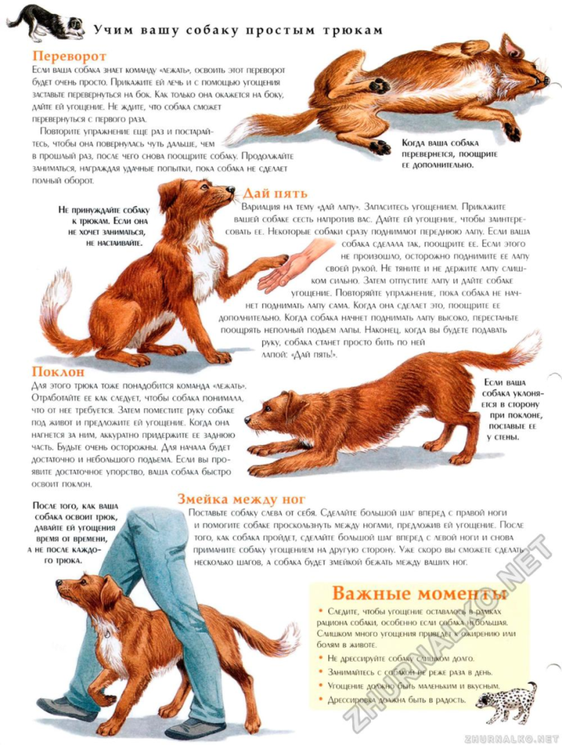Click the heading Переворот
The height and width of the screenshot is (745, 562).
(70, 55)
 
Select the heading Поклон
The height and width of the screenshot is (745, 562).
(58, 372)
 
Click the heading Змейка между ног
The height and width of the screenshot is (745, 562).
(241, 499)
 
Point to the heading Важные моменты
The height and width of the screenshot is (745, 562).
(420, 593)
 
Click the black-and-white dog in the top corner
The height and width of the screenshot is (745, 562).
(46, 22)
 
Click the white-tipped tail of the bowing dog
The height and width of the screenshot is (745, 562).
(525, 346)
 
